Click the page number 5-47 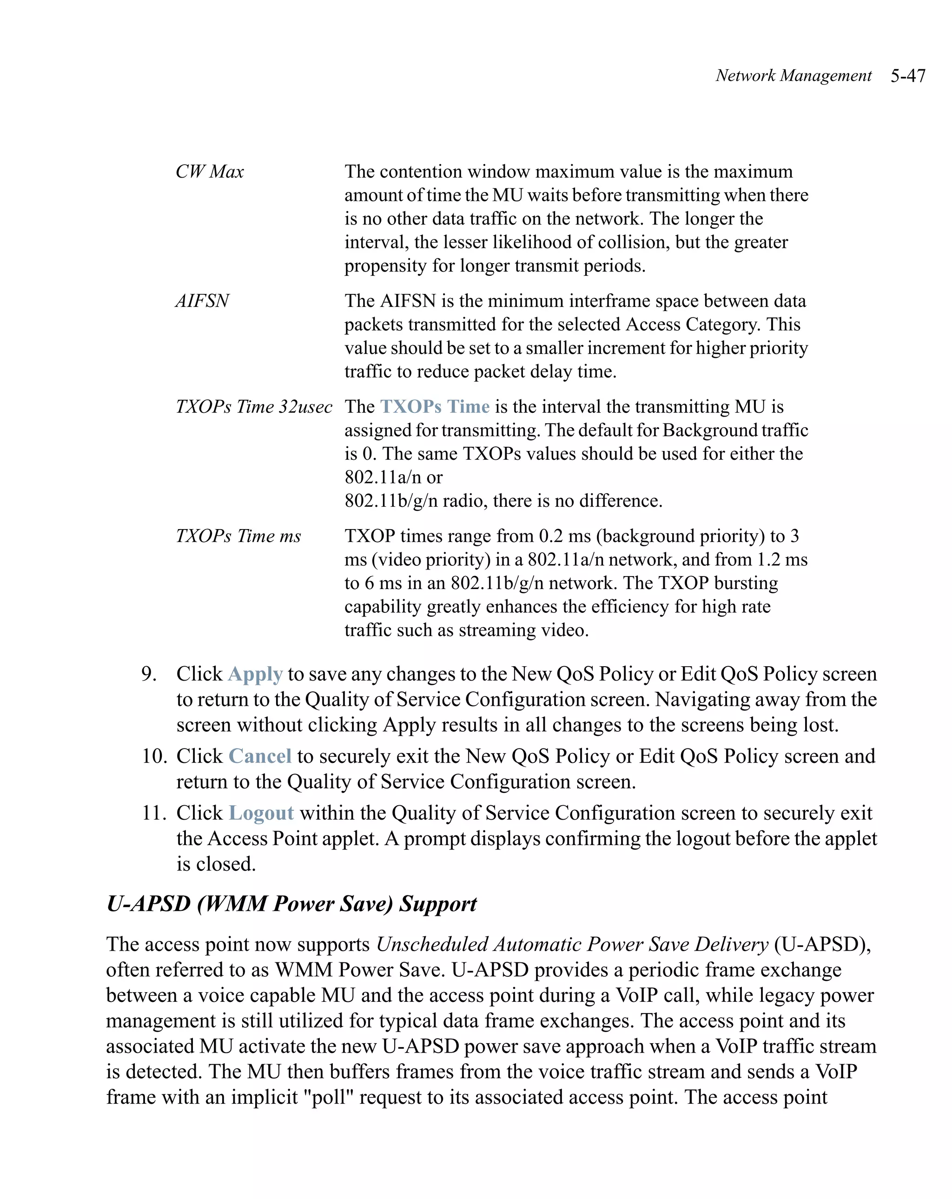907,76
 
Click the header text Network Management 793,76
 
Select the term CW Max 210,172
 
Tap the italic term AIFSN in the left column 202,301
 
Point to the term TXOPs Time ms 238,536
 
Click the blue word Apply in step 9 255,674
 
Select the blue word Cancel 260,756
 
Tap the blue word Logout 261,813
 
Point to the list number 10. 153,756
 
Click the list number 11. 153,813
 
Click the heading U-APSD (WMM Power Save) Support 291,904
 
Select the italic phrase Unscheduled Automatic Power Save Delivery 572,944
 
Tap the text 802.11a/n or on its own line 393,477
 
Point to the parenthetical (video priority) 430,559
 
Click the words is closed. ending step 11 216,864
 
